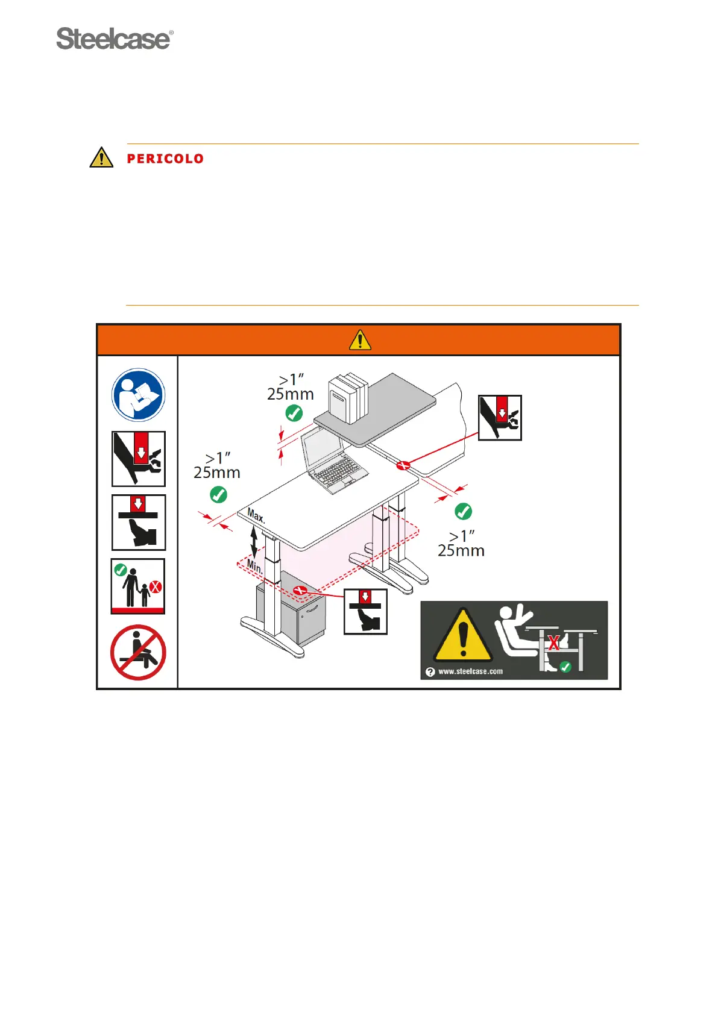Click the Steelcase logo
(x=115, y=39)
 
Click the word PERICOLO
(x=165, y=159)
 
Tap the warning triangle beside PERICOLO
(x=101, y=158)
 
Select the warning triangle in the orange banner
(x=360, y=340)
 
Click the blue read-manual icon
(x=139, y=395)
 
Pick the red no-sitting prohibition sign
(x=138, y=652)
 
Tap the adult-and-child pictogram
(x=138, y=586)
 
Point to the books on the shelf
(x=348, y=398)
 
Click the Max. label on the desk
(x=256, y=516)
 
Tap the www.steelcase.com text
(x=470, y=671)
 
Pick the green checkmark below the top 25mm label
(x=294, y=413)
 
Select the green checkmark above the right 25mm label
(x=463, y=512)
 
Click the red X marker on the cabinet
(x=300, y=591)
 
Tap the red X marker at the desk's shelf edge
(x=403, y=465)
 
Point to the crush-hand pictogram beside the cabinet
(x=365, y=612)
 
